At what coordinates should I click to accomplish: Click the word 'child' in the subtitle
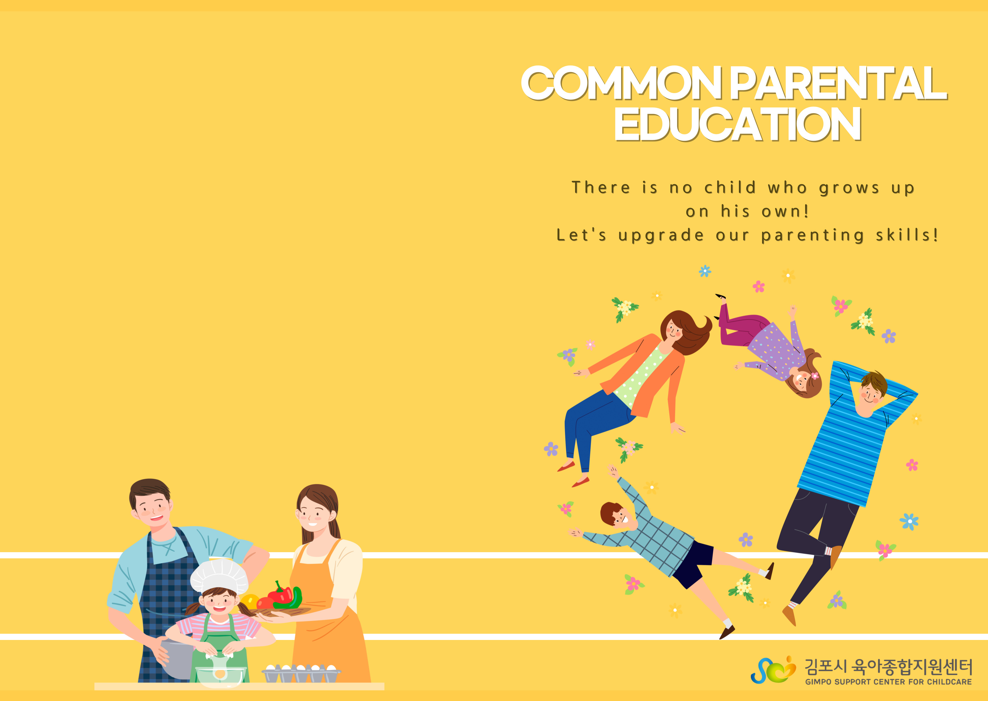(x=730, y=187)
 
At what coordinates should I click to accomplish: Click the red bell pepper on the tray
(x=280, y=594)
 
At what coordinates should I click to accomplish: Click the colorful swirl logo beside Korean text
(x=773, y=670)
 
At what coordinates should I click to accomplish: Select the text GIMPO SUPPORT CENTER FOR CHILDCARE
(x=888, y=682)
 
